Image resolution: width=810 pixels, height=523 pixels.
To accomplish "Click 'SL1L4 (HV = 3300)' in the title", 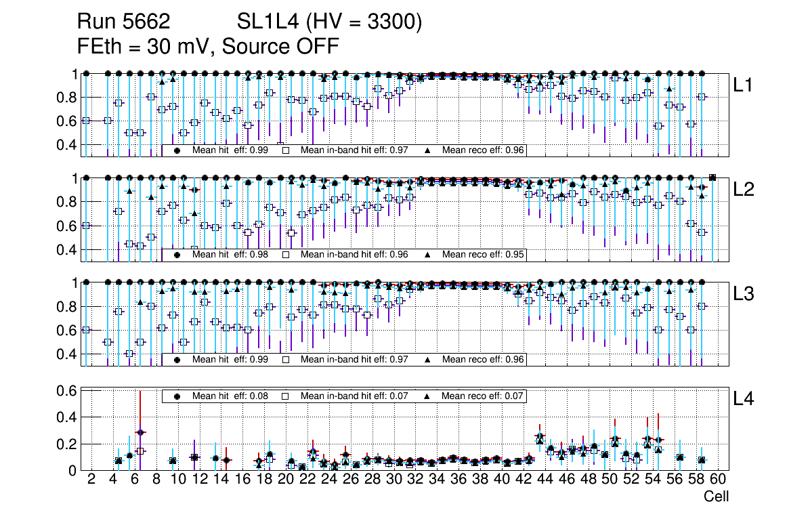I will pyautogui.click(x=330, y=22).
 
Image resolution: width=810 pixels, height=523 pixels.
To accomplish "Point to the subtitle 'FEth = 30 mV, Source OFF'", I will pyautogui.click(x=208, y=47).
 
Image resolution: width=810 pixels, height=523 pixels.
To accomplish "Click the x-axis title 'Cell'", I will pyautogui.click(x=716, y=497).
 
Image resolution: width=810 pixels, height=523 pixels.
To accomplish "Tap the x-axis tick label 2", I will pyautogui.click(x=91, y=480).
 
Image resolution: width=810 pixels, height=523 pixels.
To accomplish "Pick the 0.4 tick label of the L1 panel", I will pyautogui.click(x=66, y=145).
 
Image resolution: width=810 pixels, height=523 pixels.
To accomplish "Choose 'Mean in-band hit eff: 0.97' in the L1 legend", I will pyautogui.click(x=354, y=150).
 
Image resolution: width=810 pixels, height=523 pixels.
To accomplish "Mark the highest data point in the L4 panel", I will pyautogui.click(x=140, y=432).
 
